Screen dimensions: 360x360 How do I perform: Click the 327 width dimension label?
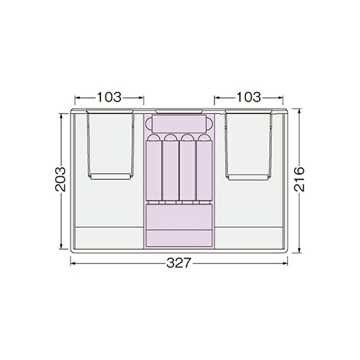tap(179, 263)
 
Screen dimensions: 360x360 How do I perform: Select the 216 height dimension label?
tap(299, 179)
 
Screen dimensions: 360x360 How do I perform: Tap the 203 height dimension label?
tap(61, 179)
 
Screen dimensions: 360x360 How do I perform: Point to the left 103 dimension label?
tap(109, 97)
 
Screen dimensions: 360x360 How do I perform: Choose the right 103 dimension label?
tap(248, 97)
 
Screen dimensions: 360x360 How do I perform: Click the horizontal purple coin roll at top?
tap(179, 124)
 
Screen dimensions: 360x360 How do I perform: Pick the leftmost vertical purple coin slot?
tap(154, 167)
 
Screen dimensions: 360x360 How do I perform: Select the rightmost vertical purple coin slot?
tap(205, 167)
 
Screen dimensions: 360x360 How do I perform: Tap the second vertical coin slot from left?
tap(170, 167)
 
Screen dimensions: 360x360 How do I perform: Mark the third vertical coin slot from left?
tap(187, 167)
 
